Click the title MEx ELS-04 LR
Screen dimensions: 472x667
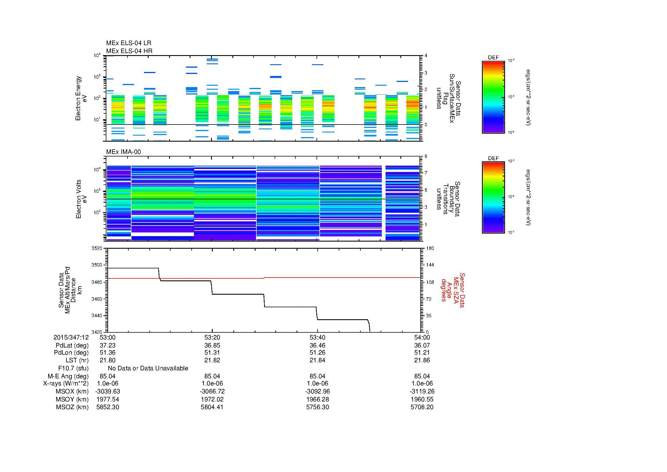pos(128,43)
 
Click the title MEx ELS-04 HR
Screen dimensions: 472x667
pos(129,51)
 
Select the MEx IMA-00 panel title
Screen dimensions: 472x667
pos(123,152)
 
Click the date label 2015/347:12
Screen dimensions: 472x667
pos(71,338)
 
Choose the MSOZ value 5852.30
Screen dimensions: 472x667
pos(108,407)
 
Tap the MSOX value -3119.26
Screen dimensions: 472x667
pos(422,391)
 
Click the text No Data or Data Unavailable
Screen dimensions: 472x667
pos(148,368)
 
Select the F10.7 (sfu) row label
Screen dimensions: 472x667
pos(73,368)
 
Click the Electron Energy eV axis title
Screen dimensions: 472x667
pos(82,98)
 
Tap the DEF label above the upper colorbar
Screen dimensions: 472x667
pos(493,58)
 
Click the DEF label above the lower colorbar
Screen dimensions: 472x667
pos(493,158)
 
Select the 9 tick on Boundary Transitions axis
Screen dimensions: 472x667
pos(426,156)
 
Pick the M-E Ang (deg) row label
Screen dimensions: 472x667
pos(68,376)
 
